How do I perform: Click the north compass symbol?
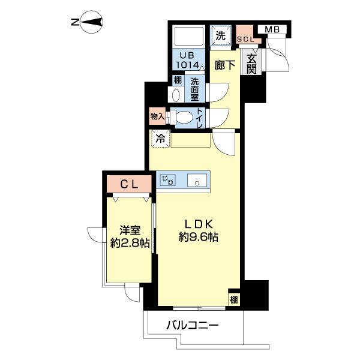[91, 23]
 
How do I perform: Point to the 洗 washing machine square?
[221, 35]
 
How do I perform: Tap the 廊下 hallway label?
[224, 65]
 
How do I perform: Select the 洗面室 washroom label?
[195, 89]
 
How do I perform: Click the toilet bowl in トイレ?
[184, 118]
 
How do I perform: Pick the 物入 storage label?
[157, 117]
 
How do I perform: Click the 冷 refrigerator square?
[160, 139]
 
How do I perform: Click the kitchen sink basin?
[196, 180]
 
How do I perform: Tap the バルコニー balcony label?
[192, 326]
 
